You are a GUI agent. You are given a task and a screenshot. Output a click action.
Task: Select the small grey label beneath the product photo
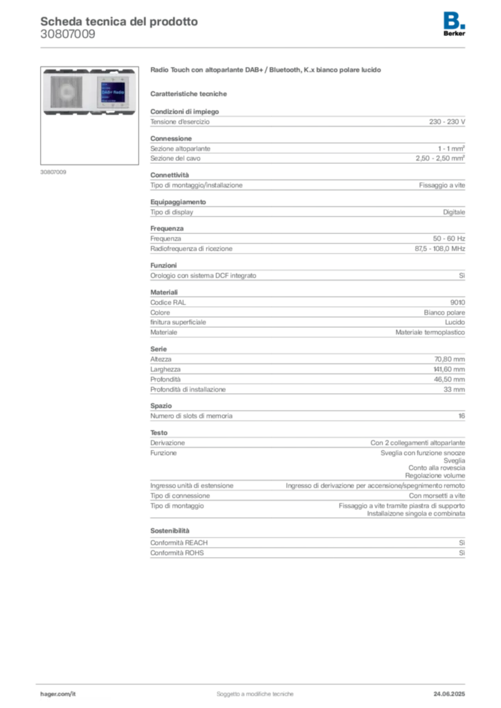click(x=55, y=171)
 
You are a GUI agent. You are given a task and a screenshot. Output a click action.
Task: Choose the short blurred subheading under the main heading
click(x=190, y=93)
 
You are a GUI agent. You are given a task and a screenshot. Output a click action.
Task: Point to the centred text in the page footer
click(x=257, y=692)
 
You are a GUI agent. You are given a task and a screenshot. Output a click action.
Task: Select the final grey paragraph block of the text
click(x=307, y=546)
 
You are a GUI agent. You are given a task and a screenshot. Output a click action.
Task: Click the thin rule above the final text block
click(x=307, y=518)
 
